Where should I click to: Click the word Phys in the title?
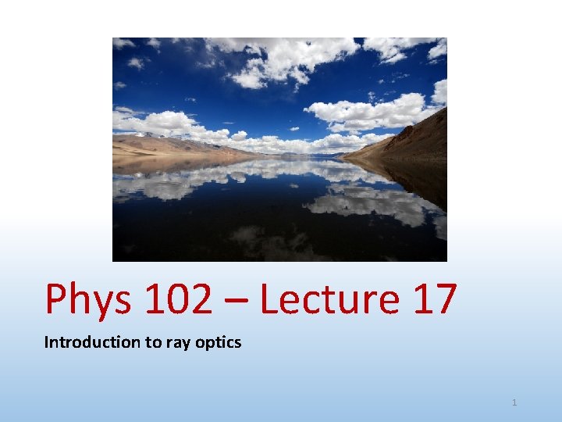click(x=88, y=299)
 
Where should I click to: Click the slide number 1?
click(x=514, y=402)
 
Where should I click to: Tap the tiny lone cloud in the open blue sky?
click(x=189, y=99)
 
